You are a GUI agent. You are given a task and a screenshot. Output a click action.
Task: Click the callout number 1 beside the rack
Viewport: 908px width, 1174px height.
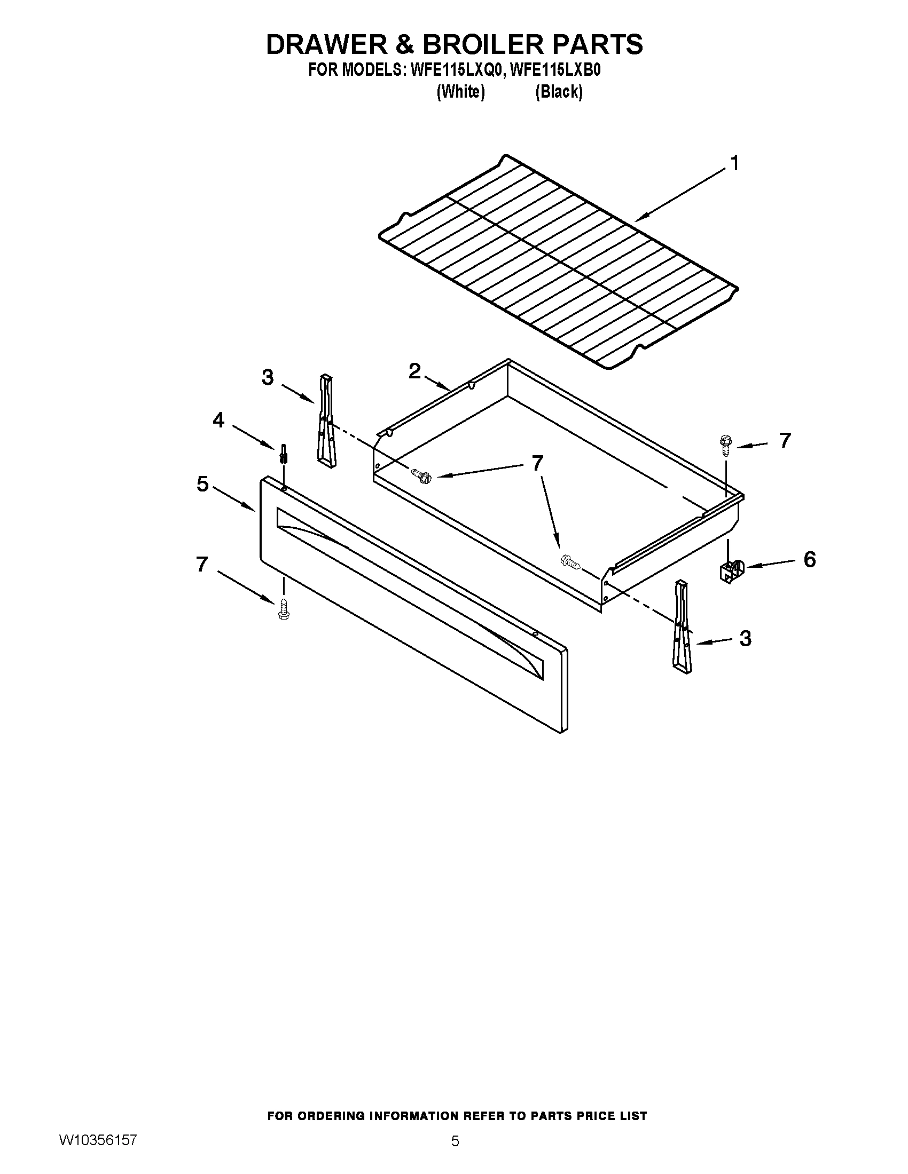click(734, 163)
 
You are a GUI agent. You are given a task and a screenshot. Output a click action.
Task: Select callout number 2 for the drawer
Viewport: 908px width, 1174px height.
click(414, 371)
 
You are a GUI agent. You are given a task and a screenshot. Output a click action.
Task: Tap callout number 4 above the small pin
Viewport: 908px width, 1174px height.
click(218, 421)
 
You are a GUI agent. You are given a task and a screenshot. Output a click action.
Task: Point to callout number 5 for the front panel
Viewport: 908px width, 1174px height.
click(202, 484)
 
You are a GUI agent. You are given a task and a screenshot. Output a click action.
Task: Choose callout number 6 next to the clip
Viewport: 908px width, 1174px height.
click(810, 560)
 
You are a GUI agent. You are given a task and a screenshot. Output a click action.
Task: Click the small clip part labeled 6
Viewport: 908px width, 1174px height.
click(730, 572)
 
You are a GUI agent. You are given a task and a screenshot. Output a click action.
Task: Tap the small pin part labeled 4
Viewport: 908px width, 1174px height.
click(283, 454)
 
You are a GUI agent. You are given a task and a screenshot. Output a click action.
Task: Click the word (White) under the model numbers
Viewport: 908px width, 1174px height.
click(460, 92)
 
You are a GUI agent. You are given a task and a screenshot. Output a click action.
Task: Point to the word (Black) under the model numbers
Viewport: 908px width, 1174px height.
click(559, 92)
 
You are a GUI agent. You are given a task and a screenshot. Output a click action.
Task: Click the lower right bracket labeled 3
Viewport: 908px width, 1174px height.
click(681, 628)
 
